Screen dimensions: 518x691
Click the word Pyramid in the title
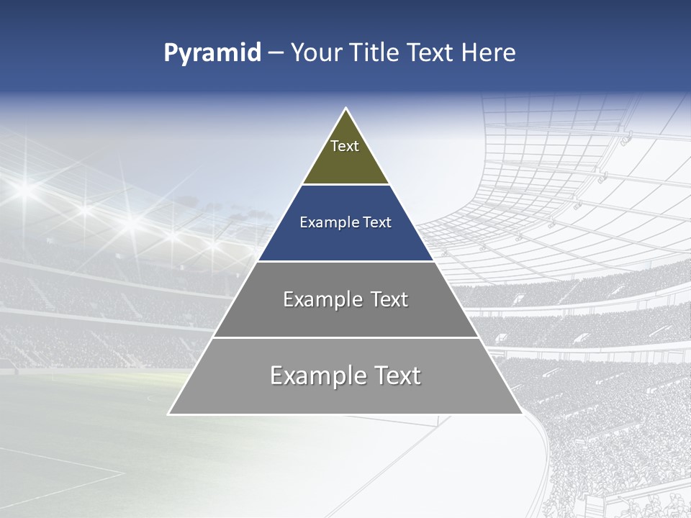click(212, 53)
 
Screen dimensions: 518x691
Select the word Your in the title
click(317, 53)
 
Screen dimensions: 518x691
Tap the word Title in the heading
click(377, 53)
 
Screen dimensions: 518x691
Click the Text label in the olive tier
click(345, 146)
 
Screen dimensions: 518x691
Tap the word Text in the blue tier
click(377, 222)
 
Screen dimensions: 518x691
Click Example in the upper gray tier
click(321, 299)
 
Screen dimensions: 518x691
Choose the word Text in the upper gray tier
click(389, 299)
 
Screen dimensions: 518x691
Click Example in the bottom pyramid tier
click(314, 376)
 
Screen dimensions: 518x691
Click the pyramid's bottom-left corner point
click(169, 414)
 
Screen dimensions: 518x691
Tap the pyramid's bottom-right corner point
click(522, 414)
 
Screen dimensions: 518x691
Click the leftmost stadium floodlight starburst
click(25, 189)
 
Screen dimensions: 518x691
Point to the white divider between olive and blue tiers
click(345, 185)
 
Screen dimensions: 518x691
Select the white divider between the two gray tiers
click(345, 337)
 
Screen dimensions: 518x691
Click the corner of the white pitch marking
click(124, 473)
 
